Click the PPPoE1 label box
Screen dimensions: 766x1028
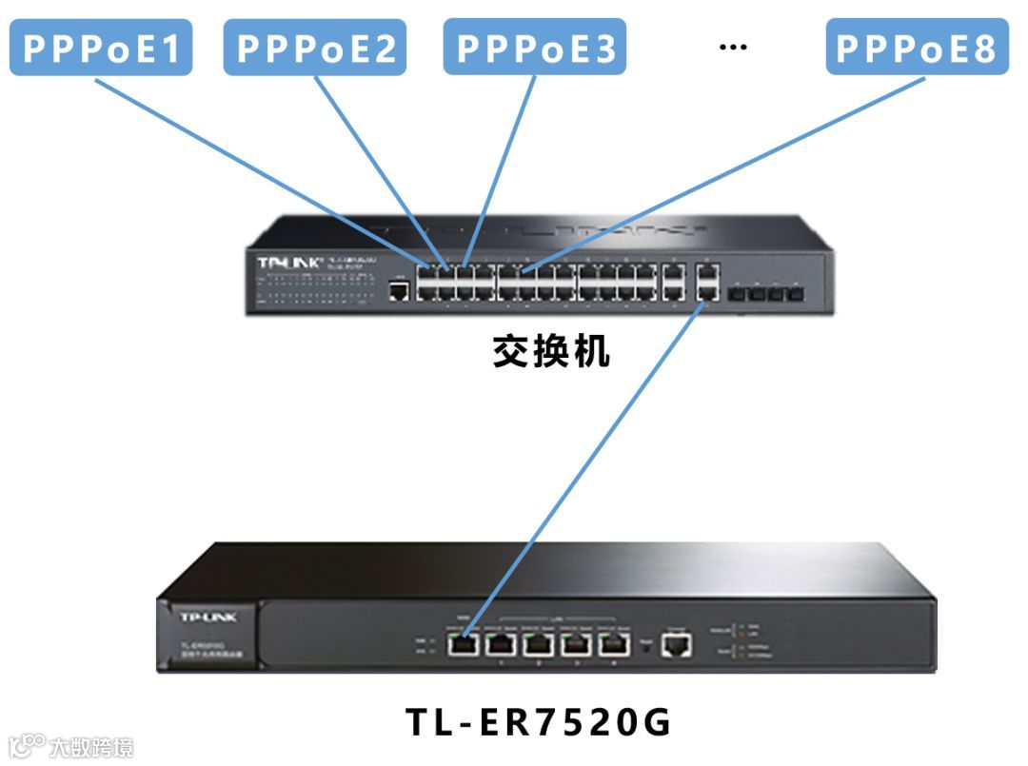100,48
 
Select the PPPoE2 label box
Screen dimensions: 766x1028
315,48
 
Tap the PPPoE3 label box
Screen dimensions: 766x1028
535,48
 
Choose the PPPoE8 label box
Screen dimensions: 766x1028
917,48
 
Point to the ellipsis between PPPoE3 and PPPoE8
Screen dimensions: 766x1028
732,47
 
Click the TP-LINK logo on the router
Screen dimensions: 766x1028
208,618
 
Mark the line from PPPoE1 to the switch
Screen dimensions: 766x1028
257,167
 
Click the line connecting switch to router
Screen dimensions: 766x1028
581,466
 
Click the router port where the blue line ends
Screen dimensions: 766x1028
463,644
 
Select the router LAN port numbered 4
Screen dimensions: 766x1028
615,644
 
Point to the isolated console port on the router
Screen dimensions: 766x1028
677,646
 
